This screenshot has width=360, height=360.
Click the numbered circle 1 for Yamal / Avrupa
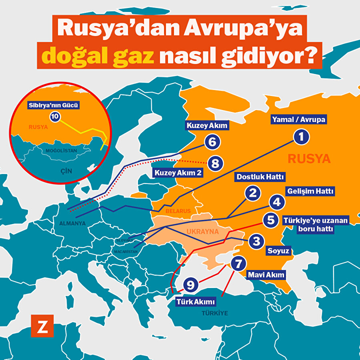click(302, 137)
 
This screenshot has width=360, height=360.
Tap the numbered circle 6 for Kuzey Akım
click(212, 142)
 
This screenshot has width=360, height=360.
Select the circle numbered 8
click(215, 163)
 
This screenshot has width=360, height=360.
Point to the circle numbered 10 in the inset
click(55, 116)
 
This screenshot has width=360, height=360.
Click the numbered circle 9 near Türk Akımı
click(191, 285)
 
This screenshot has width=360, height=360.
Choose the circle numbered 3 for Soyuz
click(256, 241)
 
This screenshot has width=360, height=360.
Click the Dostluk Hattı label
click(260, 176)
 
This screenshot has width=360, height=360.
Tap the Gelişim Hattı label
click(310, 191)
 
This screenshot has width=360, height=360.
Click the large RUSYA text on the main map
click(309, 159)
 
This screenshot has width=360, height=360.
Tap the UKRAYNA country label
click(202, 232)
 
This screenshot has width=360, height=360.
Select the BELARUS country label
click(178, 211)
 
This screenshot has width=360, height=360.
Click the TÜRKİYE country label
click(214, 313)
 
